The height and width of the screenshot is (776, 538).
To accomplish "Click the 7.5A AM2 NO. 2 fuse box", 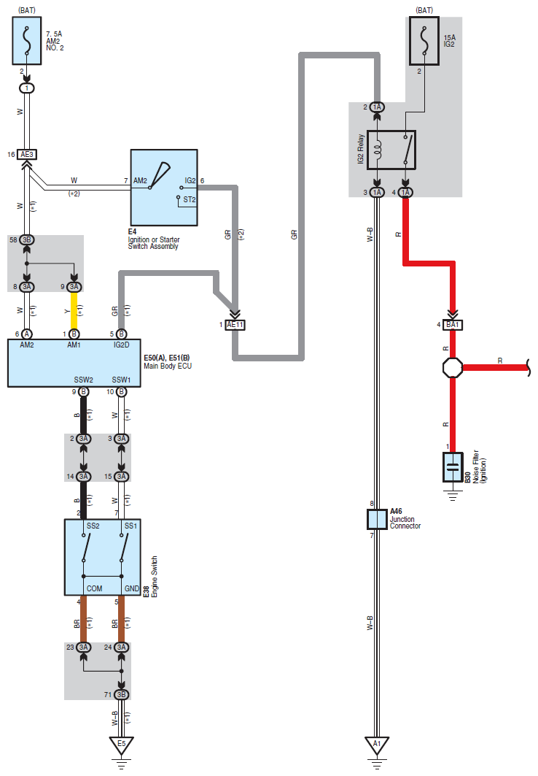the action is (x=27, y=41).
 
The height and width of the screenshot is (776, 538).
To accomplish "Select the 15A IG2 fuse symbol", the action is (x=424, y=41).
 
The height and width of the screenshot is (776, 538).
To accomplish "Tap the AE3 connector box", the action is (x=27, y=155).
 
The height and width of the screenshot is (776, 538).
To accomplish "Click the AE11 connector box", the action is (x=235, y=325).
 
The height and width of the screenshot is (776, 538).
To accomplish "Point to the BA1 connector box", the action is (x=453, y=325).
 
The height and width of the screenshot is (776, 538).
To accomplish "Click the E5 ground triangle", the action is (x=121, y=745).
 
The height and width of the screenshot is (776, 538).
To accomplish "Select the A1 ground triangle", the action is (x=377, y=745).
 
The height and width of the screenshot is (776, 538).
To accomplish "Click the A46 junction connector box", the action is (x=377, y=519).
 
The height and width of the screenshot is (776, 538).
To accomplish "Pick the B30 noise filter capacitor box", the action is (x=453, y=466).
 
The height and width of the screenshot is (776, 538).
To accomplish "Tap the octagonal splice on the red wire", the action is (x=453, y=367).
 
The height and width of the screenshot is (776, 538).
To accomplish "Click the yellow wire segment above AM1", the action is (x=74, y=310).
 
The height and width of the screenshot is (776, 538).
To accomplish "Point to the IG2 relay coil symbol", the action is (x=378, y=150).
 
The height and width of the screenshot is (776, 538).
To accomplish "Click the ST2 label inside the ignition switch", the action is (x=190, y=199).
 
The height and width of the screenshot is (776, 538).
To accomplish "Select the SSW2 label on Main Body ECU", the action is (x=84, y=380).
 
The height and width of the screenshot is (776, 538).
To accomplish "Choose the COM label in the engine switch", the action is (x=94, y=588).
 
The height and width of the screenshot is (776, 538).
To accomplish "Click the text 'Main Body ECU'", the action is (x=168, y=366).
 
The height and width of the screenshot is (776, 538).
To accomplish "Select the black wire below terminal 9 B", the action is (x=84, y=415).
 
